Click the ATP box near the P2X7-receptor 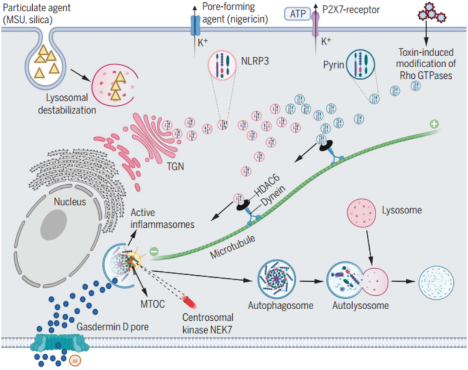297,12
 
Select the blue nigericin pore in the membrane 196,24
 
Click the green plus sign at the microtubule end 433,124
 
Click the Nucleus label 70,202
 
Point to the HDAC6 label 270,188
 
